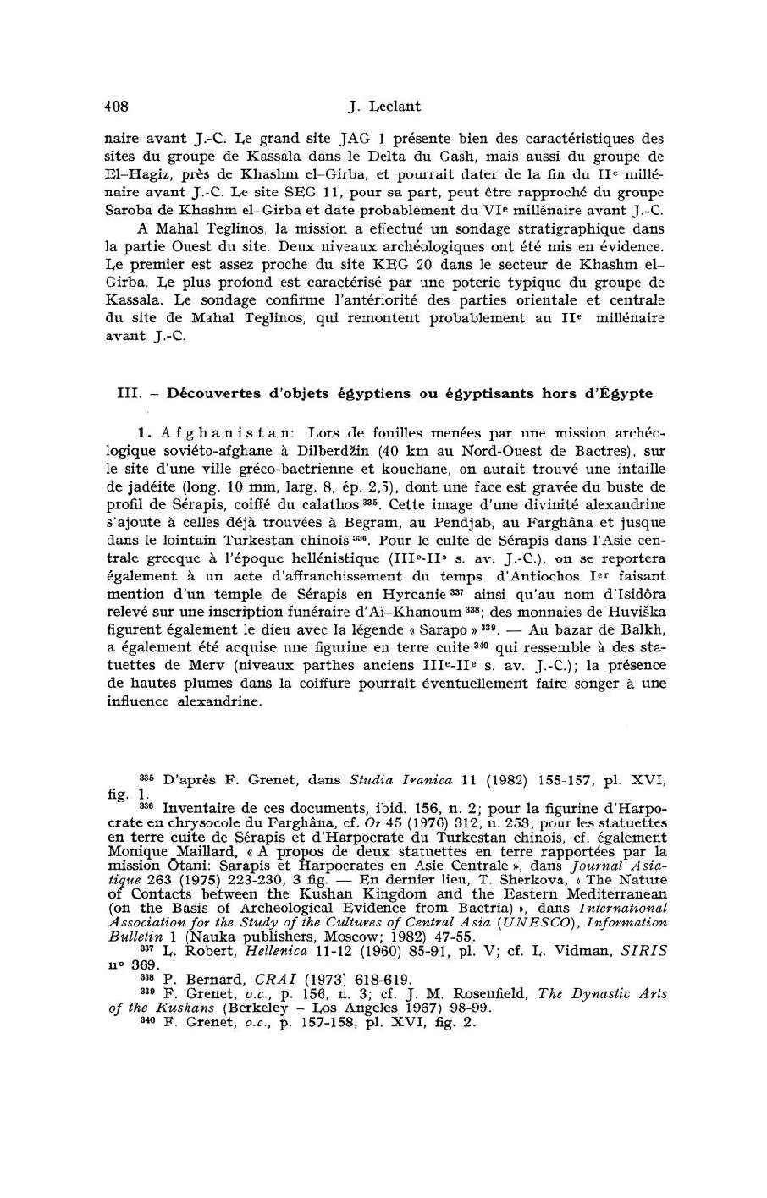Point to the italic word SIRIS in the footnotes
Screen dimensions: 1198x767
[646, 951]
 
